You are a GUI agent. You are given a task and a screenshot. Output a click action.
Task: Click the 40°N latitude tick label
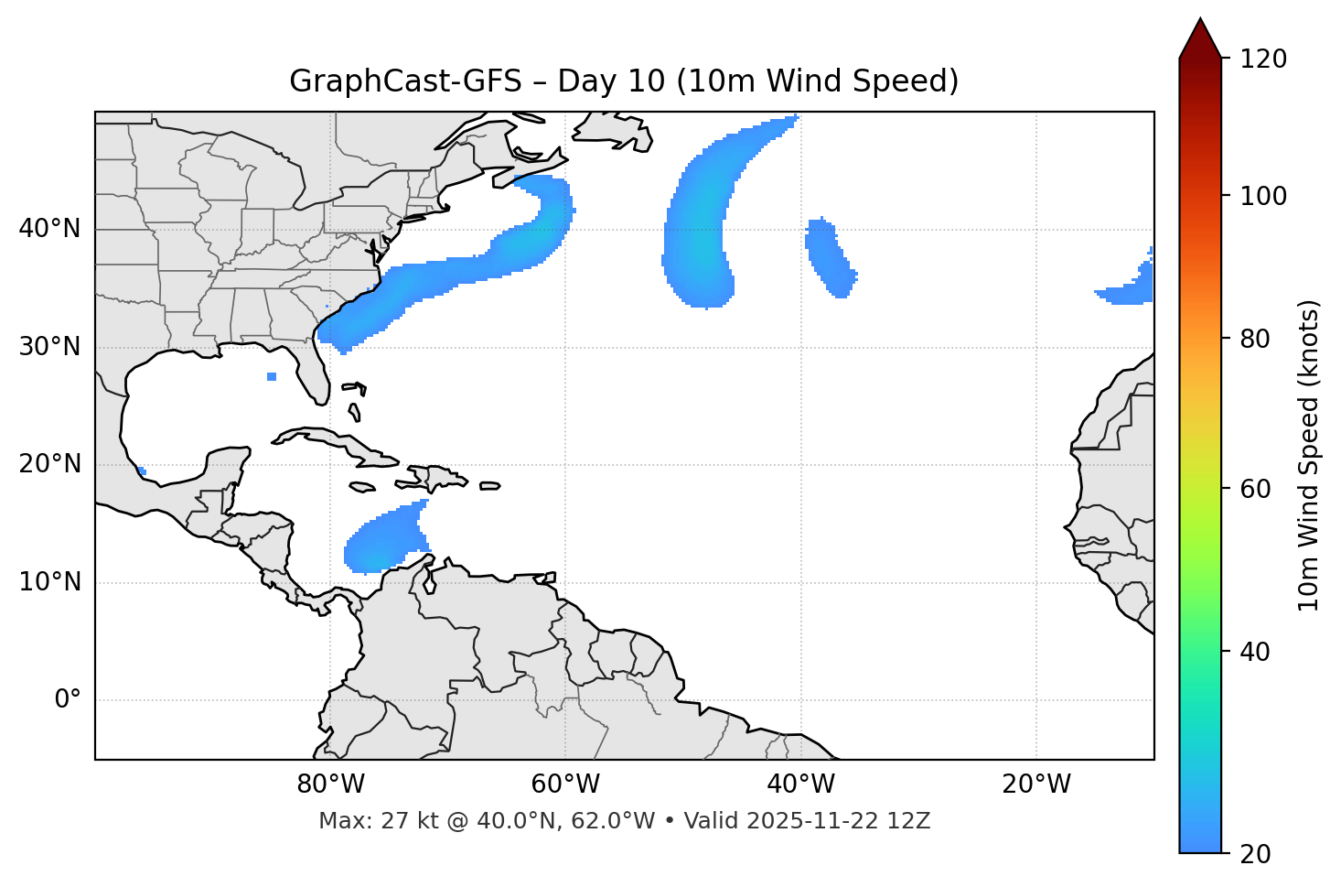[49, 229]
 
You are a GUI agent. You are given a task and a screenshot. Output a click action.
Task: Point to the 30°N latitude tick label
[49, 347]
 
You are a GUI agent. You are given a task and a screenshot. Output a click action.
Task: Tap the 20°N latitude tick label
[49, 464]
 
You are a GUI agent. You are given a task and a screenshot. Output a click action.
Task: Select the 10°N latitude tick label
[49, 582]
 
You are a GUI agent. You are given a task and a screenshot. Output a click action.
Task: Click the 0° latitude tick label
[68, 700]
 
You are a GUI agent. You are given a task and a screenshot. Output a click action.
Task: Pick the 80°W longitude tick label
[330, 784]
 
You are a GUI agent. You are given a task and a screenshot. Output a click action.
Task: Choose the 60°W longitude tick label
[565, 784]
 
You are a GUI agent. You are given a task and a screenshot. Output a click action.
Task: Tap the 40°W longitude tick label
[800, 784]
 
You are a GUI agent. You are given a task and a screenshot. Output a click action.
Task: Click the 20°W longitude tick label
[1036, 784]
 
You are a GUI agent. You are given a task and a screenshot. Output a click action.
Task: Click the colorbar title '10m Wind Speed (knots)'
[1309, 455]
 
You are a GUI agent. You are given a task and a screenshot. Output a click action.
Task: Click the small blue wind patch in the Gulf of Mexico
[272, 376]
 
